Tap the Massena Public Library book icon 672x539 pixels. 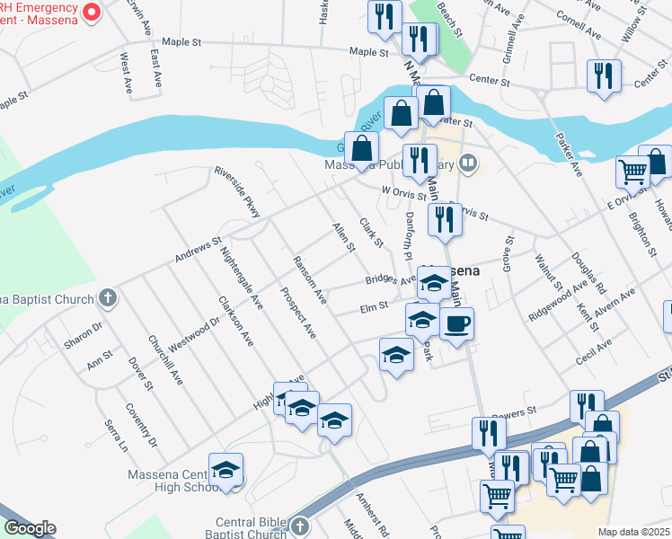point(467,163)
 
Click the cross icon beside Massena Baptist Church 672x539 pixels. point(107,296)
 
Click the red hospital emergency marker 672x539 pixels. point(90,12)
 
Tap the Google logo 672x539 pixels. point(30,528)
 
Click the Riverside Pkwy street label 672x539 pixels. point(237,191)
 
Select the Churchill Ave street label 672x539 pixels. point(165,360)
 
